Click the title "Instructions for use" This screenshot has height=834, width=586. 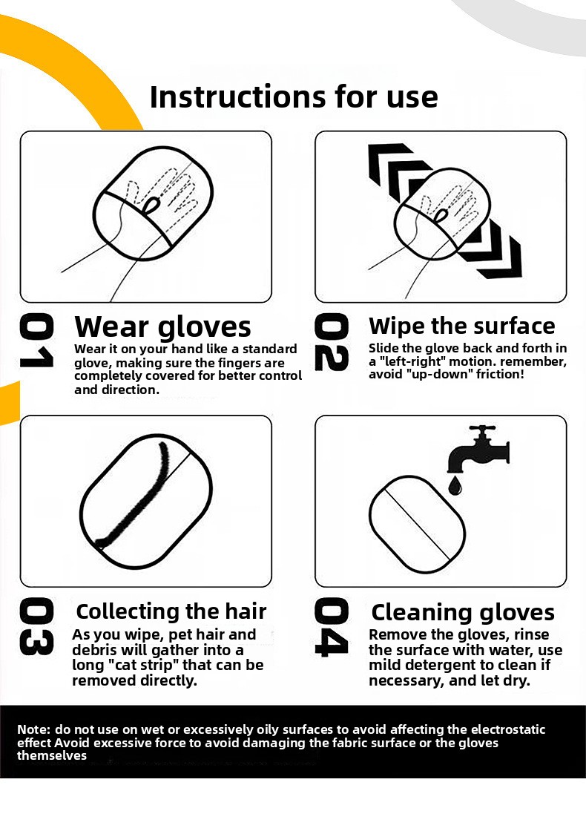[x=294, y=96]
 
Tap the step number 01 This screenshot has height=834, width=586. [x=36, y=341]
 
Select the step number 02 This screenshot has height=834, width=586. [x=332, y=341]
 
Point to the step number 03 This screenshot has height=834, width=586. [x=36, y=626]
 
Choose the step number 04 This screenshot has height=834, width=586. [x=332, y=626]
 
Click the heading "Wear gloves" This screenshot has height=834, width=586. [x=162, y=327]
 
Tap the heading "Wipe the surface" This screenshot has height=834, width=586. [x=461, y=326]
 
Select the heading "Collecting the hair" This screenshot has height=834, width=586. [x=171, y=611]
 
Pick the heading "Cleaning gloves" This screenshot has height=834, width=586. [x=463, y=613]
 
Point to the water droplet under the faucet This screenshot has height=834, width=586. [x=455, y=485]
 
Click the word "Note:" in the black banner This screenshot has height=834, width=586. [x=34, y=730]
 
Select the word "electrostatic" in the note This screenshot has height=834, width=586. [x=508, y=730]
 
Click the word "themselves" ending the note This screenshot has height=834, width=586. [x=52, y=756]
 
